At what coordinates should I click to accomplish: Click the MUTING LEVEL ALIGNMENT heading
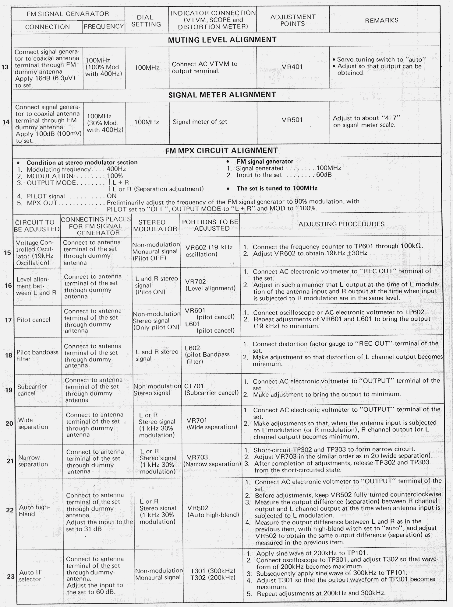[x=222, y=40]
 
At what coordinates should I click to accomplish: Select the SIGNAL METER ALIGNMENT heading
[x=222, y=95]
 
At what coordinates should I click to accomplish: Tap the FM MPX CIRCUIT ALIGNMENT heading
[x=221, y=151]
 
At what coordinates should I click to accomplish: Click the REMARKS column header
[x=381, y=20]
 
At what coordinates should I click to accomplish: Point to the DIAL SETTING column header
[x=146, y=21]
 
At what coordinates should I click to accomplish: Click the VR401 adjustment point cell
[x=292, y=67]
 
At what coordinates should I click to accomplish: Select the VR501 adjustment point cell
[x=292, y=120]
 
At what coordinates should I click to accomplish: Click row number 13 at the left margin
[x=5, y=67]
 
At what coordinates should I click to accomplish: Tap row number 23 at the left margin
[x=11, y=576]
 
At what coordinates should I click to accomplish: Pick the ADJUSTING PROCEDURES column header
[x=341, y=224]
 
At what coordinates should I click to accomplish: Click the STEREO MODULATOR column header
[x=155, y=225]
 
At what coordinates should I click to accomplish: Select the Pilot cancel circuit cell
[x=34, y=320]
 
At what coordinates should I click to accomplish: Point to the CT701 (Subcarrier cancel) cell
[x=211, y=389]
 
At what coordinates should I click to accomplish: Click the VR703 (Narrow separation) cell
[x=212, y=460]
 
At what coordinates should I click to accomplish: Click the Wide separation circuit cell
[x=33, y=423]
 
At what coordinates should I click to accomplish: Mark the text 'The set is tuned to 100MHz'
[x=277, y=188]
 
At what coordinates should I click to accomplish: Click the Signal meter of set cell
[x=200, y=122]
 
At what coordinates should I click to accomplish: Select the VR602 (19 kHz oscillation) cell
[x=209, y=251]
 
